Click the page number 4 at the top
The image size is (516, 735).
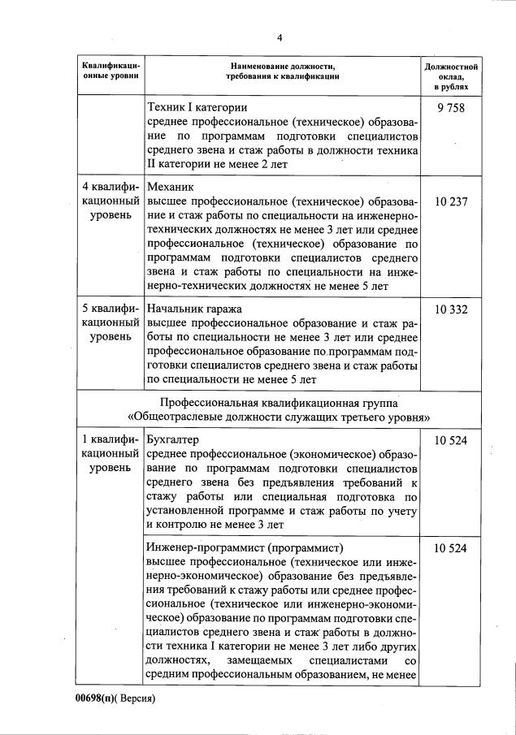point(280,37)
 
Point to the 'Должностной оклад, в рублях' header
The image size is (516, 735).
point(450,75)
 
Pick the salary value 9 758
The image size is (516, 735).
point(450,107)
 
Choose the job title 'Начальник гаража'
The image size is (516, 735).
point(195,309)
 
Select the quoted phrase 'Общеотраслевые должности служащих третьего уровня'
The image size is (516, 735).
point(280,417)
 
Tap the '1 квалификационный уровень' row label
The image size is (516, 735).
point(111,454)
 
